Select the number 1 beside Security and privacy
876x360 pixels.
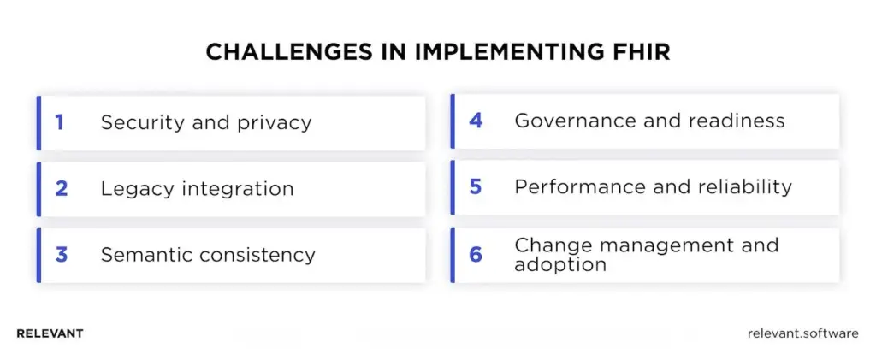(60, 122)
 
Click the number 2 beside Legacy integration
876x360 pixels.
(61, 189)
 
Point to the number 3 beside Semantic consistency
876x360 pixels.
(61, 255)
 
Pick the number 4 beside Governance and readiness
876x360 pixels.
(476, 121)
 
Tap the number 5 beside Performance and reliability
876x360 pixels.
(476, 186)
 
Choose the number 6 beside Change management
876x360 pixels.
(476, 255)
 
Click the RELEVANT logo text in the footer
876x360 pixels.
(50, 333)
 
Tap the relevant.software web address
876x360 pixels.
(802, 333)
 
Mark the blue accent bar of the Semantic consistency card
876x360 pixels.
(38, 255)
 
